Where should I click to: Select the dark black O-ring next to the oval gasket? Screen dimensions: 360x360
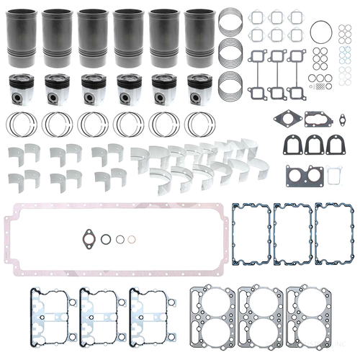[106, 239]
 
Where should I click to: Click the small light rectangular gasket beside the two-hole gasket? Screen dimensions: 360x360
[333, 174]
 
